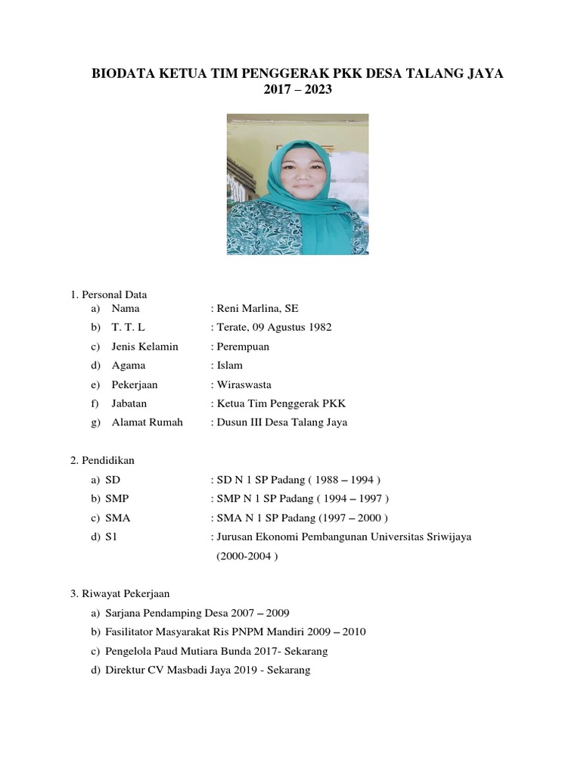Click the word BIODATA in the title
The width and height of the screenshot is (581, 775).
point(124,73)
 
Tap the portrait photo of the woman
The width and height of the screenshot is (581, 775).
point(297,184)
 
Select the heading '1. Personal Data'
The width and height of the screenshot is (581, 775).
point(109,294)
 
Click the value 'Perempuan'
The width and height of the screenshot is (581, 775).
point(243,346)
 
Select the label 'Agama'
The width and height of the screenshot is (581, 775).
point(128,365)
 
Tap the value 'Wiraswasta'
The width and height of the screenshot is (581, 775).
point(244,384)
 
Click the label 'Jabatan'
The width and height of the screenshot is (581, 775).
point(129,403)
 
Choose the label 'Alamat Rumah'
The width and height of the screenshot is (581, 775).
point(147,422)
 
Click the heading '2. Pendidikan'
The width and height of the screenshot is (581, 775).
point(102,460)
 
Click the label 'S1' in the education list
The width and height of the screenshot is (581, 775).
point(111,537)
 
